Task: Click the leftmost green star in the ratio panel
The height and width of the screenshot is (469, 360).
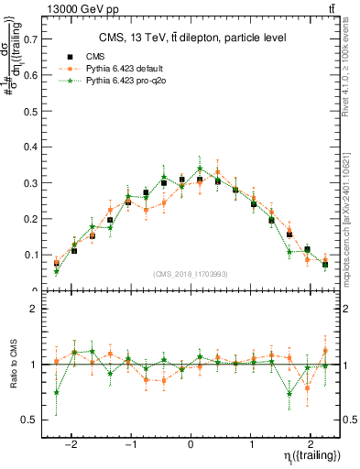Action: [57, 392]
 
